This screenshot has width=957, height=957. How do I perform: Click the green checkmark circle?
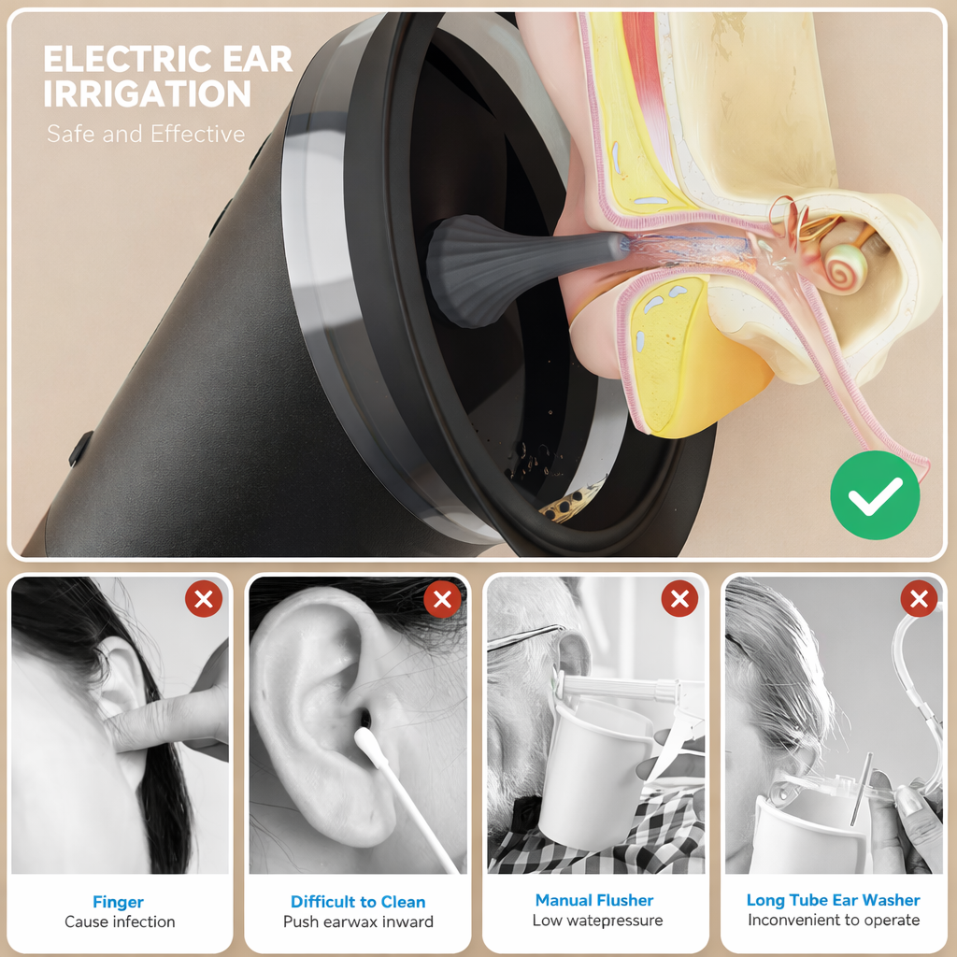875,494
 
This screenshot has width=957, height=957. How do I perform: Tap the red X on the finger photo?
204,598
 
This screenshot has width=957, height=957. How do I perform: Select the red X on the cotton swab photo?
442,598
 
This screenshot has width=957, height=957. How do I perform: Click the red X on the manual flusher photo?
679,598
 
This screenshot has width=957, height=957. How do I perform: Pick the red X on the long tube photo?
919,598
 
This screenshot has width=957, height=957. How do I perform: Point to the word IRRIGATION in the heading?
148,94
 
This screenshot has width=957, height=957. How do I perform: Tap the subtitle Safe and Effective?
146,135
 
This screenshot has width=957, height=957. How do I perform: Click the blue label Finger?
119,902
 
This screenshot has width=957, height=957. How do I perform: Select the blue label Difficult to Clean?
358,902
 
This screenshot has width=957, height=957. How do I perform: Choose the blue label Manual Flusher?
594,900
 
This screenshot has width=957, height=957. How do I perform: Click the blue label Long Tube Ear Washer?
833,900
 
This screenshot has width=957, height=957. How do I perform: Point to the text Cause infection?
120,921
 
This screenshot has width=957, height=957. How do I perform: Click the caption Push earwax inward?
358,921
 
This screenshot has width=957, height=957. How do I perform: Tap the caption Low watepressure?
597,921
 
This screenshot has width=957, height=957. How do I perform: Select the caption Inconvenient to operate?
834,921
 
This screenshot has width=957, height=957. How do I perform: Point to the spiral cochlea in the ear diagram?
845,267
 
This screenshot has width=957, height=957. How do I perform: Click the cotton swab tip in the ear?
367,743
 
